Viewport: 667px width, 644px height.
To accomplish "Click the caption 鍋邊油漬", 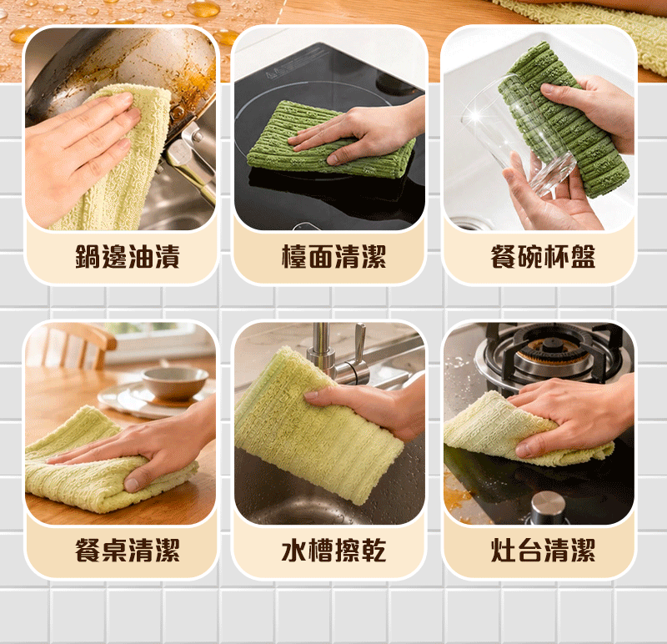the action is pos(128,257).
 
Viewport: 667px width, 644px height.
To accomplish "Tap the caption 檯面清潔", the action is pos(334,257).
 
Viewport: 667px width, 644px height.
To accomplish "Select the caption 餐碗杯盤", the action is pos(543,257).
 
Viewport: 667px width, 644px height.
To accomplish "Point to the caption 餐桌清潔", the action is pos(128,550).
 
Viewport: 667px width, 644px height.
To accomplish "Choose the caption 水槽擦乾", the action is pos(334,550).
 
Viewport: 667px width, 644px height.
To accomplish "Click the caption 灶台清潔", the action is pos(543,550).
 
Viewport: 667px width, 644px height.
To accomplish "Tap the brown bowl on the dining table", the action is pos(175,383).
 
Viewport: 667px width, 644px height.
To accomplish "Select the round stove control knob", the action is pos(549,506).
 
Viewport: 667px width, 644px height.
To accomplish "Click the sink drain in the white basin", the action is pos(467,224).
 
